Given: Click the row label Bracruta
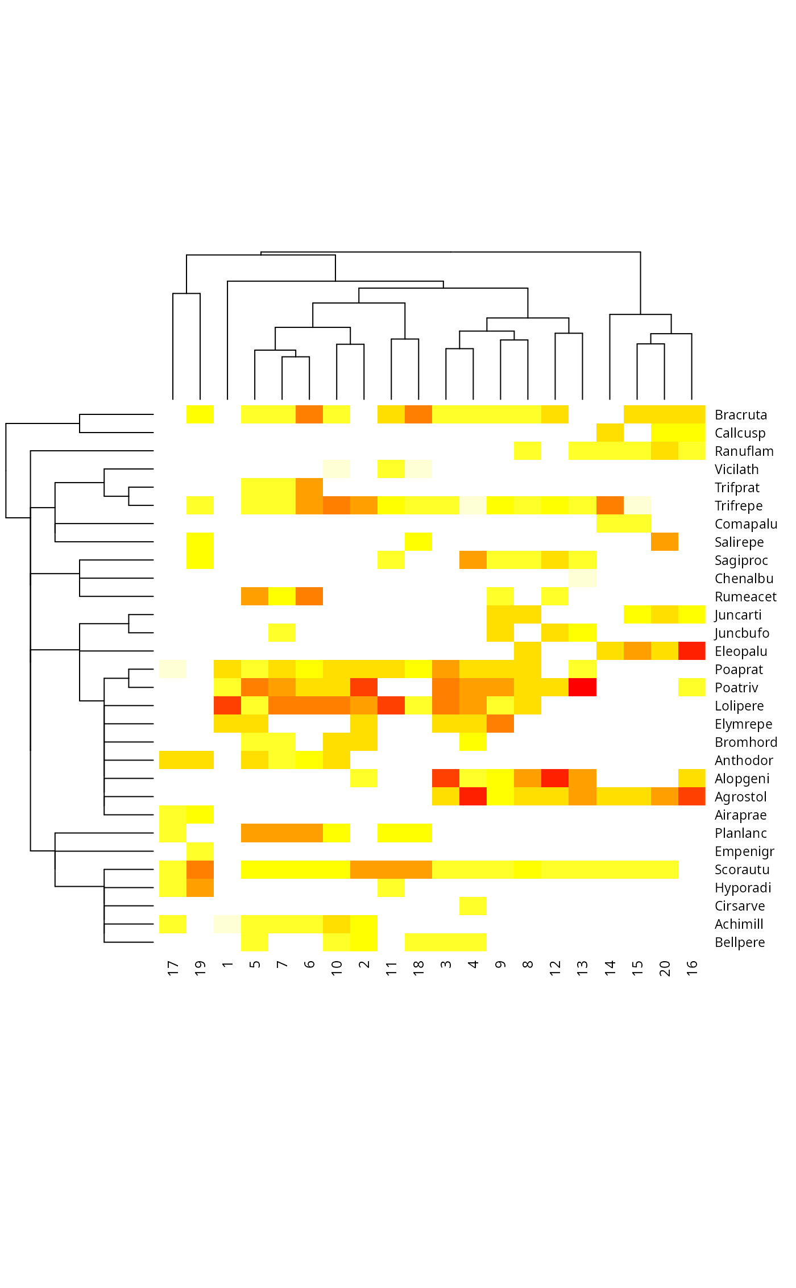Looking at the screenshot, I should tap(740, 415).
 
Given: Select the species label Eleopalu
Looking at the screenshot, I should tap(740, 651).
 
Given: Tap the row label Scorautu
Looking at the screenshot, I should tap(741, 870).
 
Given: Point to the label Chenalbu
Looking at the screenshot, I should tap(744, 579).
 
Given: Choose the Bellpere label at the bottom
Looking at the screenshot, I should tap(739, 942).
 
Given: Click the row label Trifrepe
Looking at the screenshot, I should tap(738, 506).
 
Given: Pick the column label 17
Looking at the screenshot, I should tap(173, 968).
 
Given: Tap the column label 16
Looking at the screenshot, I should tap(691, 968).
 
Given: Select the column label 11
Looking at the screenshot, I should tap(391, 968).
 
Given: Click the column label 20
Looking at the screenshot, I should tap(664, 968).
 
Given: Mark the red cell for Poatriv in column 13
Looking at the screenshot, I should tap(582, 687).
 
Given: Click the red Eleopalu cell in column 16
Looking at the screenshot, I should tap(691, 651).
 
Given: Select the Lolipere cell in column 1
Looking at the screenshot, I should tap(227, 705).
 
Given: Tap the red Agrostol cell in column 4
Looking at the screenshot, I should tap(473, 796).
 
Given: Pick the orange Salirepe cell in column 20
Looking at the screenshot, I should tap(664, 542).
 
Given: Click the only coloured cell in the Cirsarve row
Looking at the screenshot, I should tap(473, 905).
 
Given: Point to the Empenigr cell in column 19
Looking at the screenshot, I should tap(200, 851).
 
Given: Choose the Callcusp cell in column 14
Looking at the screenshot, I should tap(610, 433).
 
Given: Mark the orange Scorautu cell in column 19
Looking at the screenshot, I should tap(200, 869).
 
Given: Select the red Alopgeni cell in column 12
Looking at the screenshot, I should tap(555, 778).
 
